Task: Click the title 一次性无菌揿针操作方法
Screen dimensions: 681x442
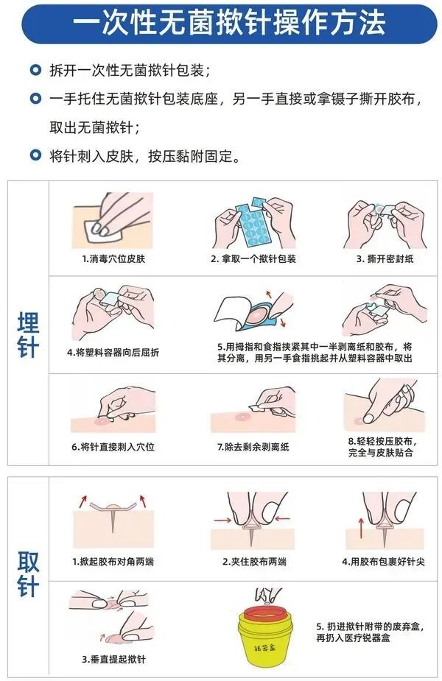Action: (228, 22)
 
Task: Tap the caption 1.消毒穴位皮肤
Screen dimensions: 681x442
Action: (113, 259)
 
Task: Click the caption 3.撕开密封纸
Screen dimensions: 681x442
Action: (381, 259)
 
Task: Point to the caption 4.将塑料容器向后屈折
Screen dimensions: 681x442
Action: (113, 353)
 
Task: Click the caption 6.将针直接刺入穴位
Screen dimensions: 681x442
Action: (113, 447)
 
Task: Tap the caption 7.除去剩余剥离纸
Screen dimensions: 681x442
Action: (250, 447)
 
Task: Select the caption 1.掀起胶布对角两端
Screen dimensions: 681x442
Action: (113, 562)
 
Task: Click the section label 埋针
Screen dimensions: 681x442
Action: (28, 335)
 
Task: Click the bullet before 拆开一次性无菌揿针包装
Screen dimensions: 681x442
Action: (35, 71)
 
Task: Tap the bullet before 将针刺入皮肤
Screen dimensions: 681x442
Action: (35, 155)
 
